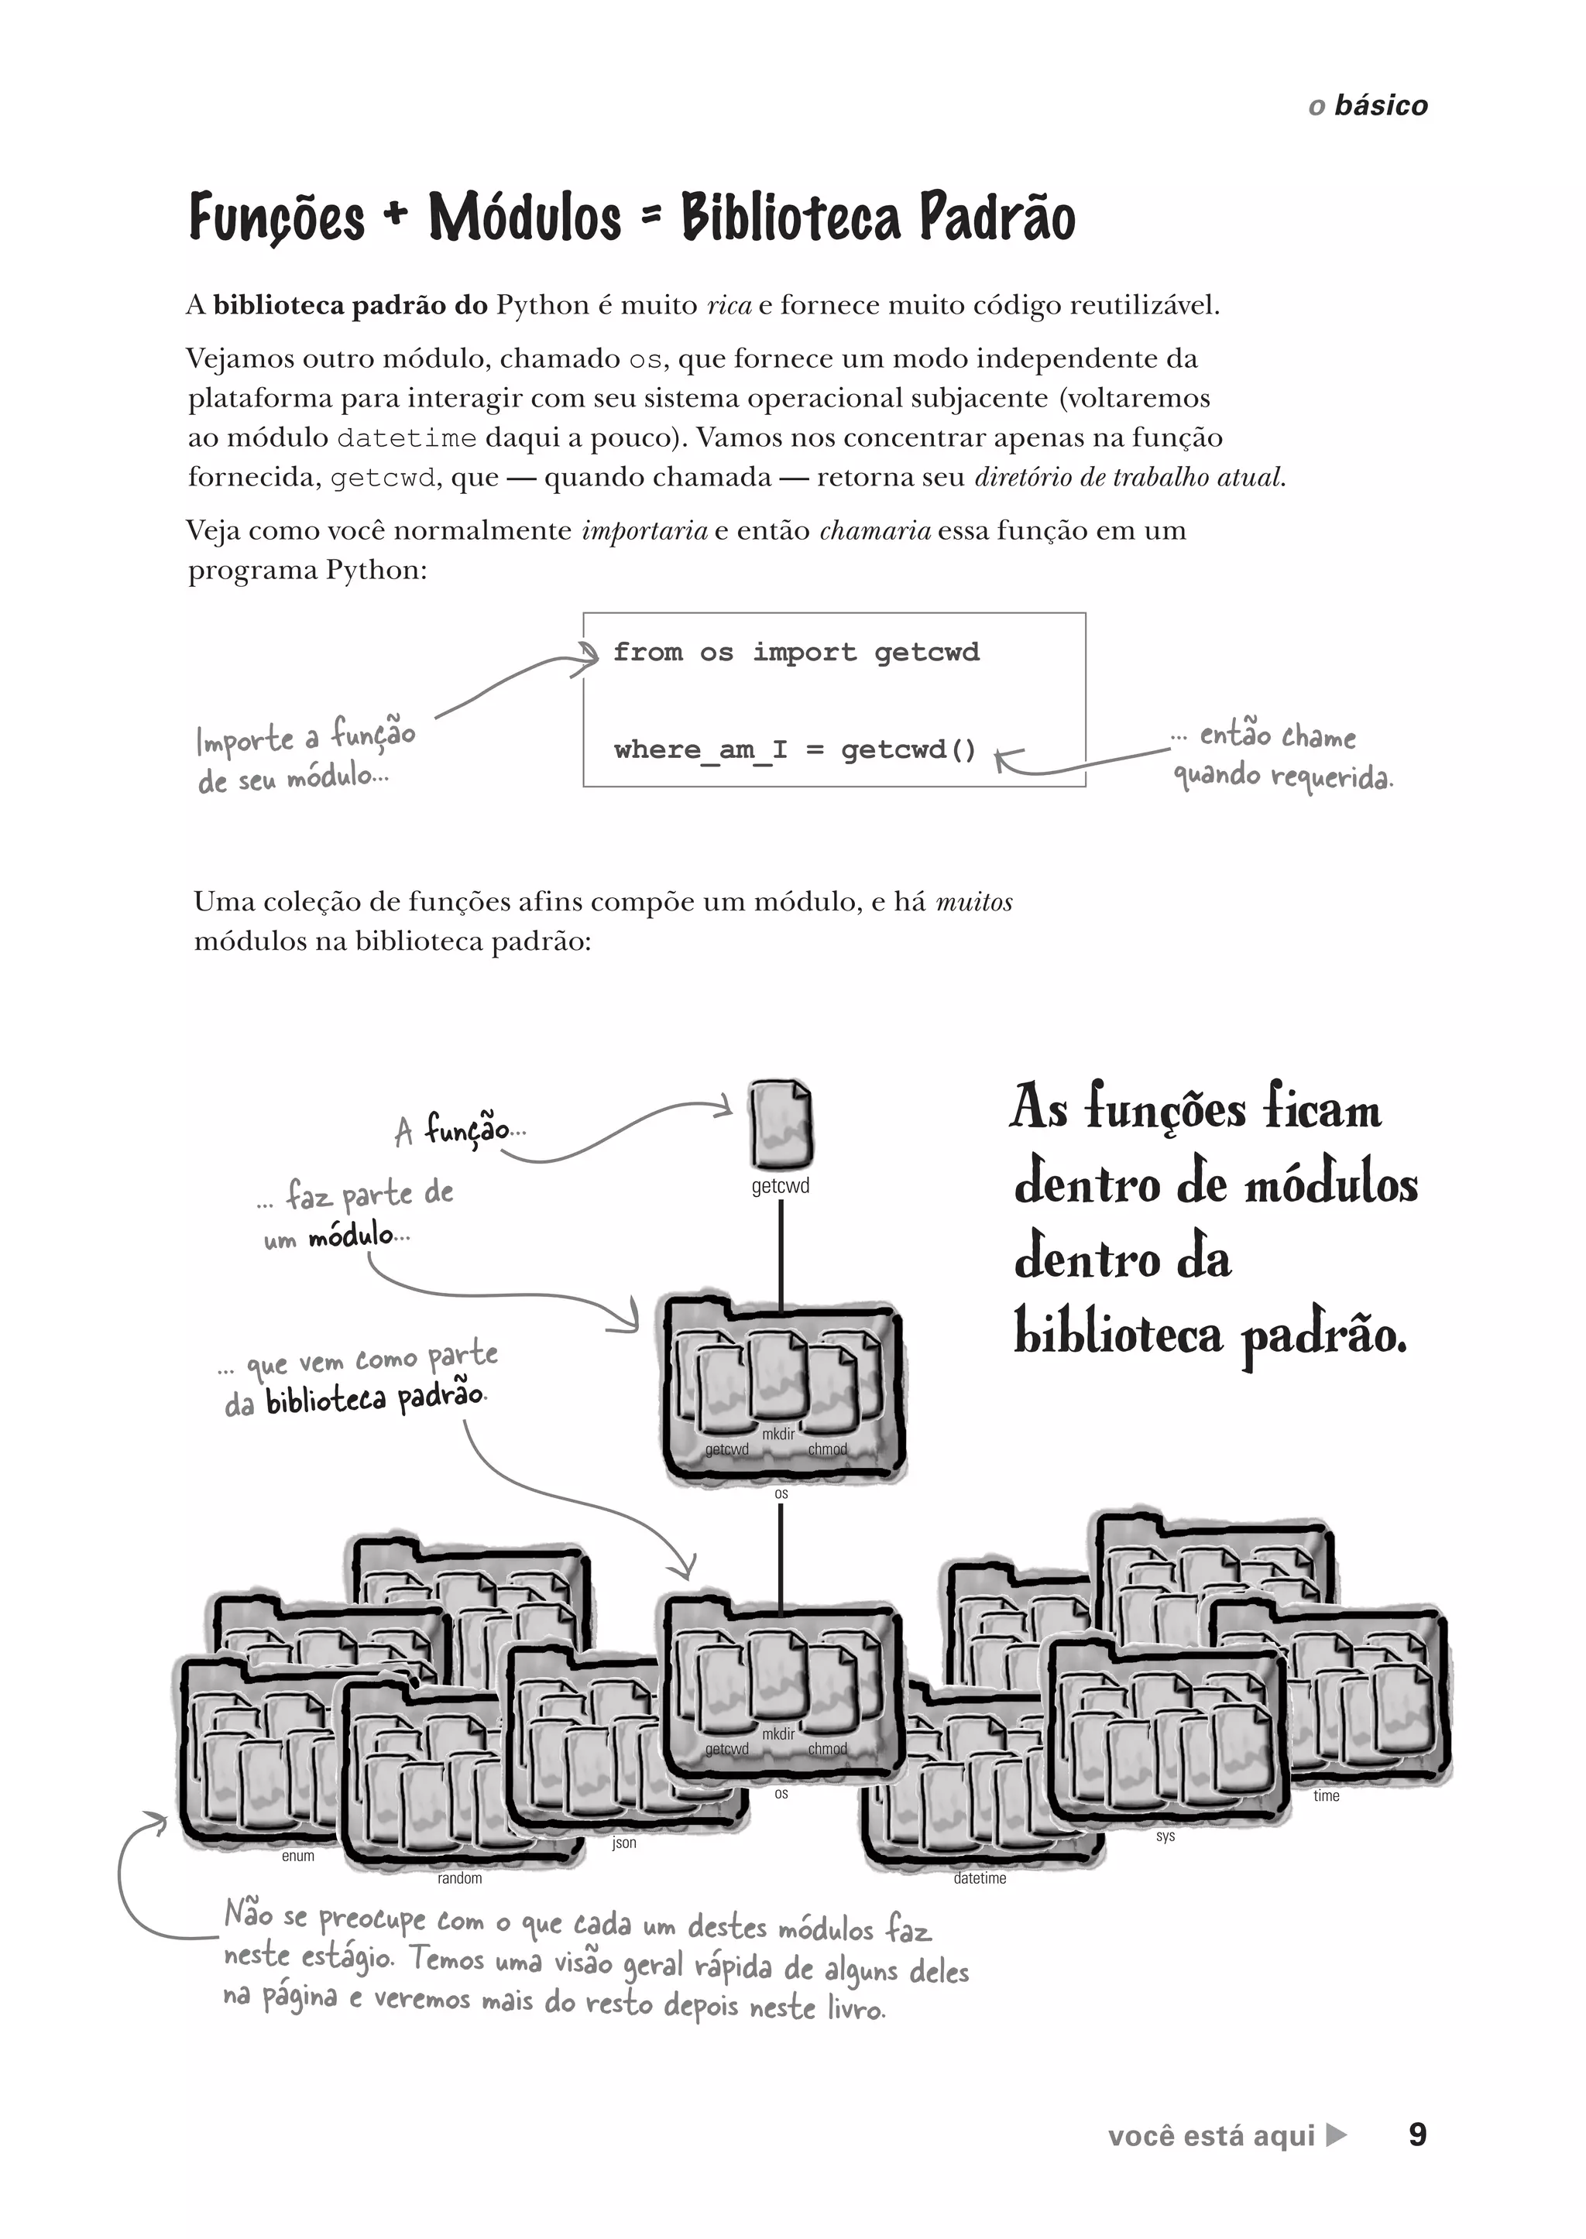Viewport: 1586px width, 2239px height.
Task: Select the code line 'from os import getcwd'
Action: click(796, 653)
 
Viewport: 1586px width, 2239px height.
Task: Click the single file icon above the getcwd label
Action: click(781, 1125)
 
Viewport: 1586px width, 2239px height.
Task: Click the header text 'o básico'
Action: click(1368, 105)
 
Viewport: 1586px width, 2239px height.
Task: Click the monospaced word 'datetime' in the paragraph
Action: click(407, 438)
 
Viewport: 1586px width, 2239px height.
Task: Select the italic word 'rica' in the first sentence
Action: click(729, 306)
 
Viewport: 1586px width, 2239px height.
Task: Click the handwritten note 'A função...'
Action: click(459, 1131)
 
